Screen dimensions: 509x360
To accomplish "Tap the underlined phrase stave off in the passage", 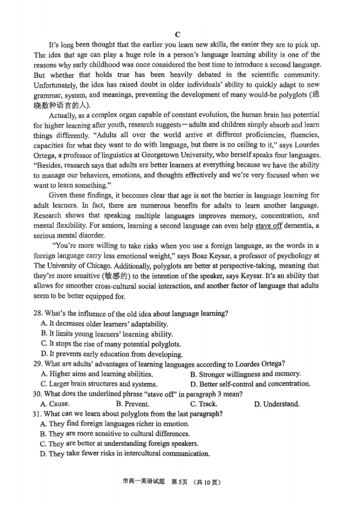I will [x=269, y=226].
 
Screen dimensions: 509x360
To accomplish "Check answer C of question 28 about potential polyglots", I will [x=111, y=344].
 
